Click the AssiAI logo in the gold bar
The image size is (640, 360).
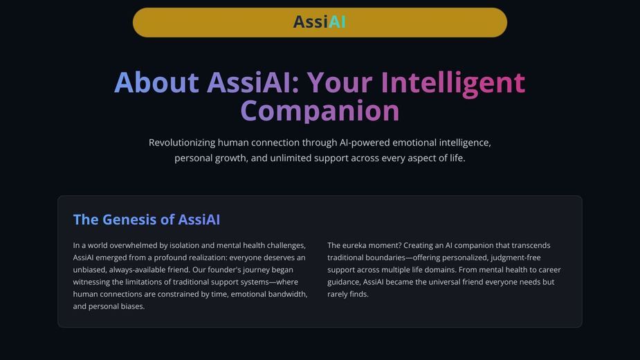(320, 22)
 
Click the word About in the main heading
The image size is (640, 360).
(156, 82)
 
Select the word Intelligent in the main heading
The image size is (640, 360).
(452, 84)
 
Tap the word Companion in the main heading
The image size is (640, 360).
(320, 111)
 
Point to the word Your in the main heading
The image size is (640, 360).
(340, 82)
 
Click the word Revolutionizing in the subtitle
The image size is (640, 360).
(182, 143)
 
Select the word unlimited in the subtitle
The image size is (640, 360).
(290, 158)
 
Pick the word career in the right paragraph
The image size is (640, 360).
(549, 270)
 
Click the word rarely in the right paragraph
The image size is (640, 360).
(337, 294)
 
